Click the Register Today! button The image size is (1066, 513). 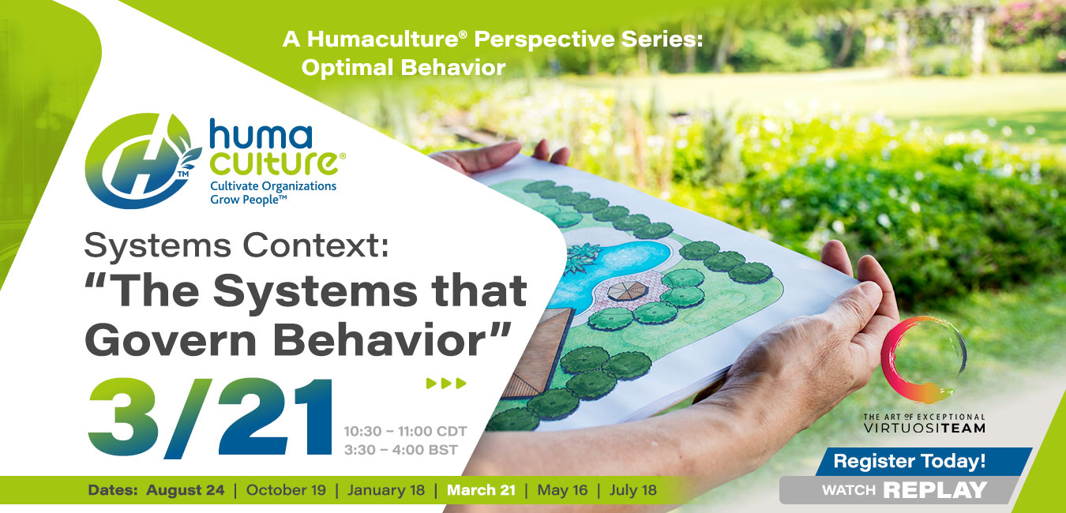tap(909, 461)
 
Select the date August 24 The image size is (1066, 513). tap(185, 490)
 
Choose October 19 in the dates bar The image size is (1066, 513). tap(286, 490)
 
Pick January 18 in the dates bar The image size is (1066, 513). tap(386, 490)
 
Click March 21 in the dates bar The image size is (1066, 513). tap(481, 490)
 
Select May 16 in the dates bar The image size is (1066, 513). tap(562, 490)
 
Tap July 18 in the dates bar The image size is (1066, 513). tap(632, 490)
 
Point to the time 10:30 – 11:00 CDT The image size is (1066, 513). tap(405, 432)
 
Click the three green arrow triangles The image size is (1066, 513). tap(446, 384)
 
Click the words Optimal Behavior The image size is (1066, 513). tap(403, 68)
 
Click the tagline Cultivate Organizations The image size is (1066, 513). tap(272, 186)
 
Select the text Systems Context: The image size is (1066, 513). tap(237, 246)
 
